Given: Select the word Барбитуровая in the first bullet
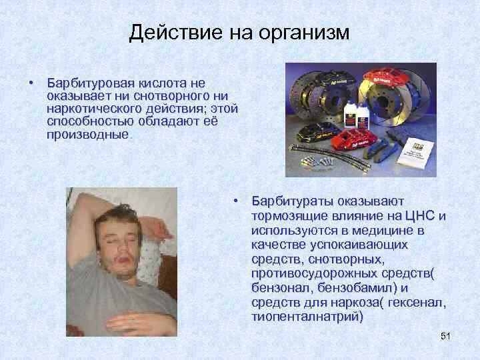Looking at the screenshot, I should coord(92,83).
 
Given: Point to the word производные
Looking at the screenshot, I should coord(87,135).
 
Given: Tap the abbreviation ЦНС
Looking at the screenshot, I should coord(421,215).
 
